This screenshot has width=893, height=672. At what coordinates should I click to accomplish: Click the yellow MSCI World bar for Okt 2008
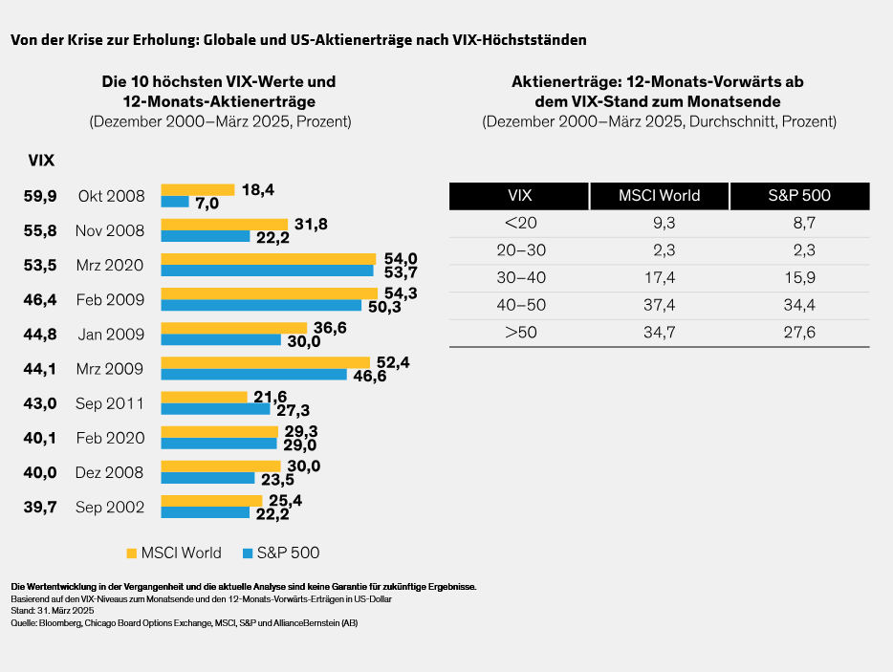tap(197, 189)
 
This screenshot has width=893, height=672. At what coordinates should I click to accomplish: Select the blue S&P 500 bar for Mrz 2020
tap(267, 271)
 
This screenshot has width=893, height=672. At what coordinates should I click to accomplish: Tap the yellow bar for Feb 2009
tap(268, 293)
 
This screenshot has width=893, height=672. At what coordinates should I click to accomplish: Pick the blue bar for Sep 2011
tap(215, 408)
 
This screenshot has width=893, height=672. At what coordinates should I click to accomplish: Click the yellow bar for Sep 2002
tap(211, 500)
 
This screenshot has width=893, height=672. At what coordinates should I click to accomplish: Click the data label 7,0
tap(207, 203)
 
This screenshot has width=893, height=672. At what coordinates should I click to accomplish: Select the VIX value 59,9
tap(40, 196)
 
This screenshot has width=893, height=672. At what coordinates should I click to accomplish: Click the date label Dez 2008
tap(110, 472)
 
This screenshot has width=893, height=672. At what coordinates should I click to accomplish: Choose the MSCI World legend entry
tap(174, 553)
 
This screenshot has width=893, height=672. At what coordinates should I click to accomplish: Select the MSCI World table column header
tap(660, 196)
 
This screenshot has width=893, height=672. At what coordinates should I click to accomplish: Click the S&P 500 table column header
tap(799, 196)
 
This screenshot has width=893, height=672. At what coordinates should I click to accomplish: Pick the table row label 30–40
tap(520, 277)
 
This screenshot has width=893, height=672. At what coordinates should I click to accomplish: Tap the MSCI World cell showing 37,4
tap(659, 305)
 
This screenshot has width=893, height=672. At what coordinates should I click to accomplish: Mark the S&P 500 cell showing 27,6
tap(799, 333)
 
